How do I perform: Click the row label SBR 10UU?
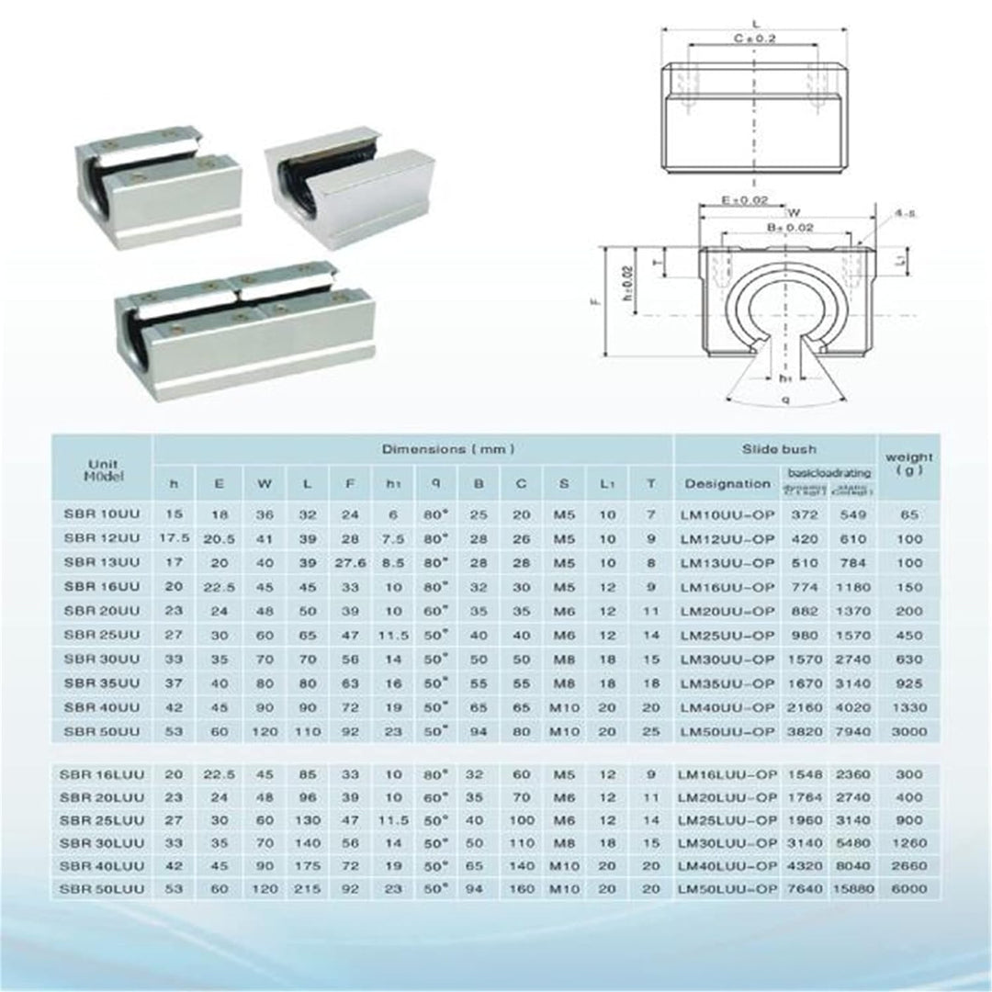click(x=101, y=515)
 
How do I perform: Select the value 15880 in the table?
click(x=851, y=889)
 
